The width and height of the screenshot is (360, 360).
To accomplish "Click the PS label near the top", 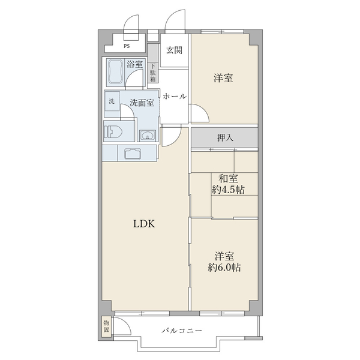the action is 127,46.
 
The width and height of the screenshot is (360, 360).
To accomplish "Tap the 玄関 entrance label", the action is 174,50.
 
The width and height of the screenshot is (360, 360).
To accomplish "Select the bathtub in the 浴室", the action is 115,73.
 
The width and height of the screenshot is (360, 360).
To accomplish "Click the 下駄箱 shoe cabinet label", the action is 153,73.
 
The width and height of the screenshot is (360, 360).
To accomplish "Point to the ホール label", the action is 175,97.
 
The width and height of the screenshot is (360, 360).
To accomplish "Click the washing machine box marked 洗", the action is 112,101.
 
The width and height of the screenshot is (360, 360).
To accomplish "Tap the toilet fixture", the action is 113,132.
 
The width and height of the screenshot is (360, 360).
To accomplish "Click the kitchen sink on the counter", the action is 133,154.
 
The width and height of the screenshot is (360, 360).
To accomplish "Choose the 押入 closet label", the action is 225,138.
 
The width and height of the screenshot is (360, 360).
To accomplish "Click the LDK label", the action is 144,224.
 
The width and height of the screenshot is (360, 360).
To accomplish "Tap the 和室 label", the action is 228,179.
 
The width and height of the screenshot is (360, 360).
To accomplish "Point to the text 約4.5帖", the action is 228,190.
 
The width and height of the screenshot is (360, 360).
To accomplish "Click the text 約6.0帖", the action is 224,268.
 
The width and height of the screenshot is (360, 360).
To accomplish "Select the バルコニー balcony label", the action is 182,331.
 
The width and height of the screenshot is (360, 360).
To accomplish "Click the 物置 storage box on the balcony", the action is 106,327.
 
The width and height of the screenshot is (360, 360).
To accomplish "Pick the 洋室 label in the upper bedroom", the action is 223,78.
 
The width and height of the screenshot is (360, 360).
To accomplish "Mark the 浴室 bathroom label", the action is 134,64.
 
